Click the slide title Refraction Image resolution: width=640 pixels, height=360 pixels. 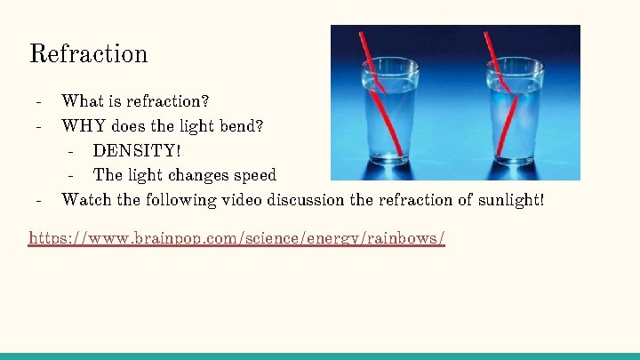88,53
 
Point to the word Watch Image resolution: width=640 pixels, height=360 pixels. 86,199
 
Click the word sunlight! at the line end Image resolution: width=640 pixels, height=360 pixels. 510,199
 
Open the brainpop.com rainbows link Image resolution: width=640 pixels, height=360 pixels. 236,238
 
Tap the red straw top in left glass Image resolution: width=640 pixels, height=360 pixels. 363,40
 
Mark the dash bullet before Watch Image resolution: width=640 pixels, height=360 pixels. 38,199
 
